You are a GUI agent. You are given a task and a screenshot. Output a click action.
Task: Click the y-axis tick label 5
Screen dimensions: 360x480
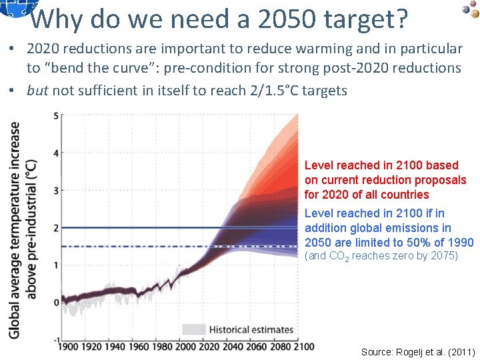[55, 116]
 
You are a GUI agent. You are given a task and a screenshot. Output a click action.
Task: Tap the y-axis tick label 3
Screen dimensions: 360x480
[55, 191]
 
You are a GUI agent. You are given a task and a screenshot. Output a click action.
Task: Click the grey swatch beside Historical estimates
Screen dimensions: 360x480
[193, 329]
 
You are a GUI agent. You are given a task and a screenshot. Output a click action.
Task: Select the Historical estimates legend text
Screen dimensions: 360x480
[251, 329]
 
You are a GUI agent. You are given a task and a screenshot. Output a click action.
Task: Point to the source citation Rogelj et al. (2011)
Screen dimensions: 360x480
[418, 351]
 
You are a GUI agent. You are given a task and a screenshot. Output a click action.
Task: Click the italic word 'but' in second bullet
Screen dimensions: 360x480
[37, 90]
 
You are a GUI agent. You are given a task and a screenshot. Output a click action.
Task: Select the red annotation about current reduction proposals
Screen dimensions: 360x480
[385, 180]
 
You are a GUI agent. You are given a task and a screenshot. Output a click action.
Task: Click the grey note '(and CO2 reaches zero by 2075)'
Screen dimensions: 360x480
[381, 256]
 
